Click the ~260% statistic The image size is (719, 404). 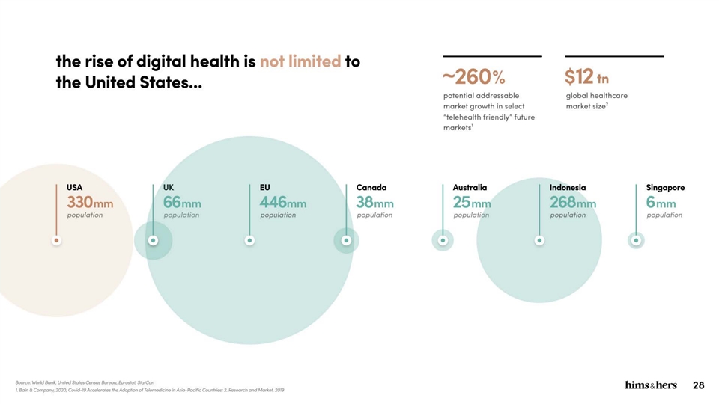point(474,77)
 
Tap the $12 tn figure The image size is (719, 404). point(587,77)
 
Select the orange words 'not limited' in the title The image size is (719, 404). point(300,61)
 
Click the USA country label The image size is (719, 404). point(75,187)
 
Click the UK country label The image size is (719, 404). point(169,187)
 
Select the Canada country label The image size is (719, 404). point(371,187)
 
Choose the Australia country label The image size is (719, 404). point(470,187)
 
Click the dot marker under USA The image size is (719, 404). point(57,240)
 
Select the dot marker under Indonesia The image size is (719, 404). point(539,240)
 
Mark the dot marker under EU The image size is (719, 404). point(250,240)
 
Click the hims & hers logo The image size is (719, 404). point(651,385)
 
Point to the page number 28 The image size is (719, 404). point(699,385)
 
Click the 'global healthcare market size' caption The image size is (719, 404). point(597,100)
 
